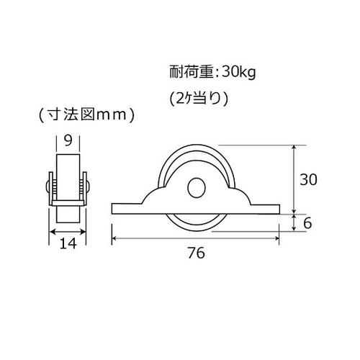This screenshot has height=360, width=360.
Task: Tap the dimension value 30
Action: tap(309, 180)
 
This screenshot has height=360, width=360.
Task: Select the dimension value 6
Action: tap(308, 223)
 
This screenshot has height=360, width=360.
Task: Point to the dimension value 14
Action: tap(68, 245)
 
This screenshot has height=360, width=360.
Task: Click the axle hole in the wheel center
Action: tap(195, 188)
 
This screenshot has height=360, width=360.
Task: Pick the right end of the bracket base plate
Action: tap(276, 210)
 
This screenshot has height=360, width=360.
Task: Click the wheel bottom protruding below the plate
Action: tap(195, 224)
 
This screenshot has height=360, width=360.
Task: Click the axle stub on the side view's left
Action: tap(48, 188)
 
